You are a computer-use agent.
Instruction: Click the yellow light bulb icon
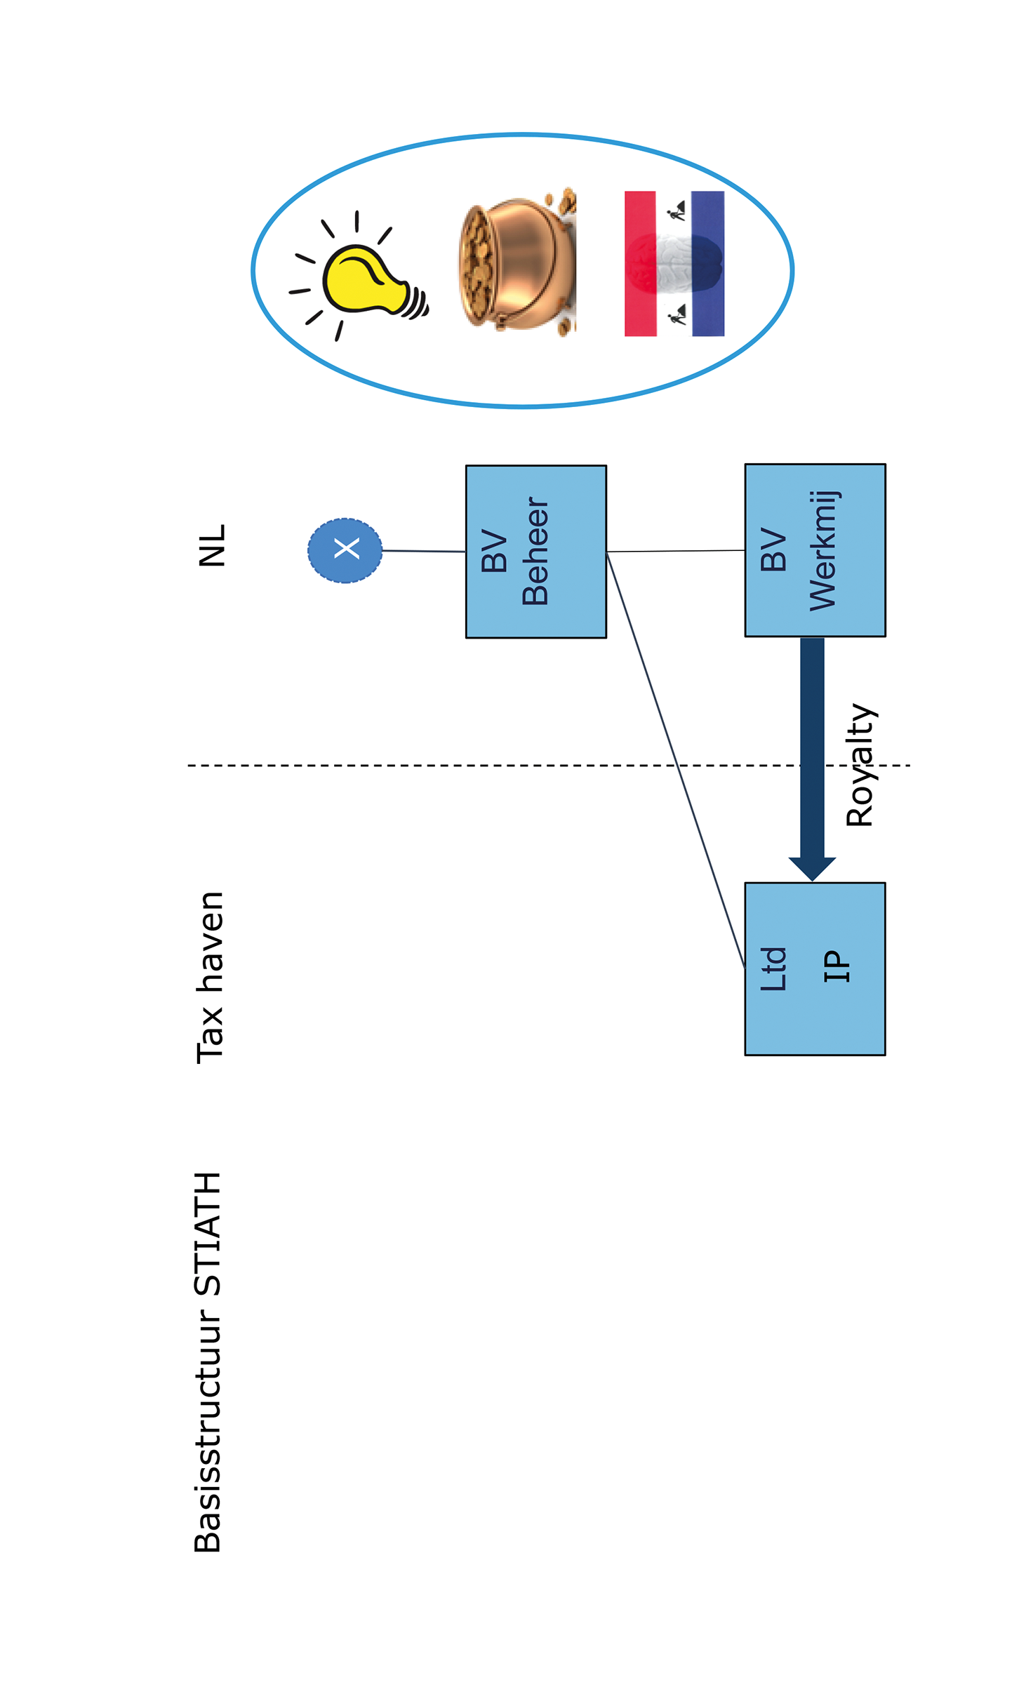(x=365, y=279)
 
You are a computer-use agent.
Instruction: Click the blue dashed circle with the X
(x=345, y=550)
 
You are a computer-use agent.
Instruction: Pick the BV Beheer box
(x=535, y=552)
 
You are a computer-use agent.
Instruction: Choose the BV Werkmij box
(x=815, y=550)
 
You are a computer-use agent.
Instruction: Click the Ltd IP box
(x=815, y=968)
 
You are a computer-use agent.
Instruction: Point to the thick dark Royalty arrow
(x=812, y=747)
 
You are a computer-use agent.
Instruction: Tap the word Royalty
(x=860, y=765)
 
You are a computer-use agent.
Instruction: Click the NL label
(x=211, y=545)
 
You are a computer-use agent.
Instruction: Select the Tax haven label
(x=210, y=977)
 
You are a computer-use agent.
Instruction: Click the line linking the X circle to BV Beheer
(x=423, y=551)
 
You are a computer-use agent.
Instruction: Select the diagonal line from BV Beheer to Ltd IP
(x=675, y=760)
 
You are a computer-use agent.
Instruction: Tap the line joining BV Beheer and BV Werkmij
(x=675, y=551)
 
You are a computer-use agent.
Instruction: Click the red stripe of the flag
(x=640, y=263)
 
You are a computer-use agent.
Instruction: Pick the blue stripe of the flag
(x=707, y=263)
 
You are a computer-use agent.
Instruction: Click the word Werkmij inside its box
(x=822, y=550)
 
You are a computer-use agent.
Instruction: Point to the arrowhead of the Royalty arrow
(x=812, y=868)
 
